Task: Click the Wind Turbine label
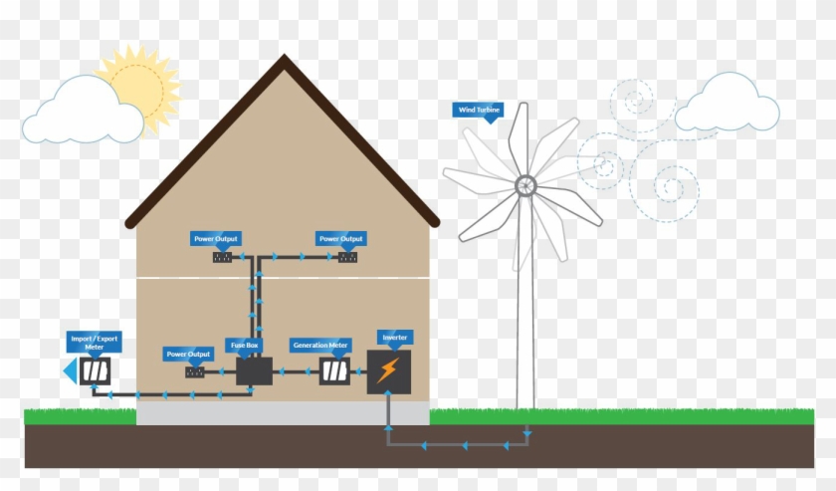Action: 479,110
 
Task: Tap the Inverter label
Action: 394,338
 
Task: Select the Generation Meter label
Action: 320,346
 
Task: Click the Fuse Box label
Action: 245,346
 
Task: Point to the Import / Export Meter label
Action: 95,343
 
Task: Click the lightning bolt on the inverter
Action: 388,371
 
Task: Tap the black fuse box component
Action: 254,372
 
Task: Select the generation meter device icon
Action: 334,372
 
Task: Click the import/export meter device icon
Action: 96,370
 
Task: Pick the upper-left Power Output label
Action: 216,239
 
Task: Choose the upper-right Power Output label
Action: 340,239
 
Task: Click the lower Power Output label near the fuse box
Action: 188,355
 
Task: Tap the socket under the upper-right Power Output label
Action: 347,257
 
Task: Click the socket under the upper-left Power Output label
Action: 222,257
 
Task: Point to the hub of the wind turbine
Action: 524,184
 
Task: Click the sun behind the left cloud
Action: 141,83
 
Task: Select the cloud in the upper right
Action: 727,106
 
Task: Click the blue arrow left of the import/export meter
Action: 70,371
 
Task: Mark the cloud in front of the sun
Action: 82,113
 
